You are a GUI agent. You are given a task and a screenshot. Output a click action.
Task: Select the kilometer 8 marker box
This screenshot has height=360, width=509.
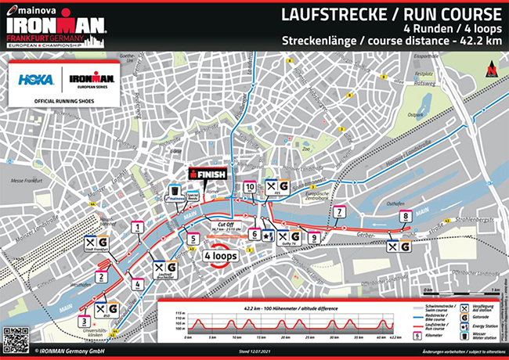coord(405,217)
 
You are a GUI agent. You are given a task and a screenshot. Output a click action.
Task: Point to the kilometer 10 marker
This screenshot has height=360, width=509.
coord(250,187)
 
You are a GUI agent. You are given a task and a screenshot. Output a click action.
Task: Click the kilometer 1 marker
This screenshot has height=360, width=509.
coord(138,228)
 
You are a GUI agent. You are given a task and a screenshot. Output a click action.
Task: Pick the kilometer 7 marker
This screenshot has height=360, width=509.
coord(339,212)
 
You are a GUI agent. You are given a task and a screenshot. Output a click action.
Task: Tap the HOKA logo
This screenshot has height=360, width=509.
coord(35,79)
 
